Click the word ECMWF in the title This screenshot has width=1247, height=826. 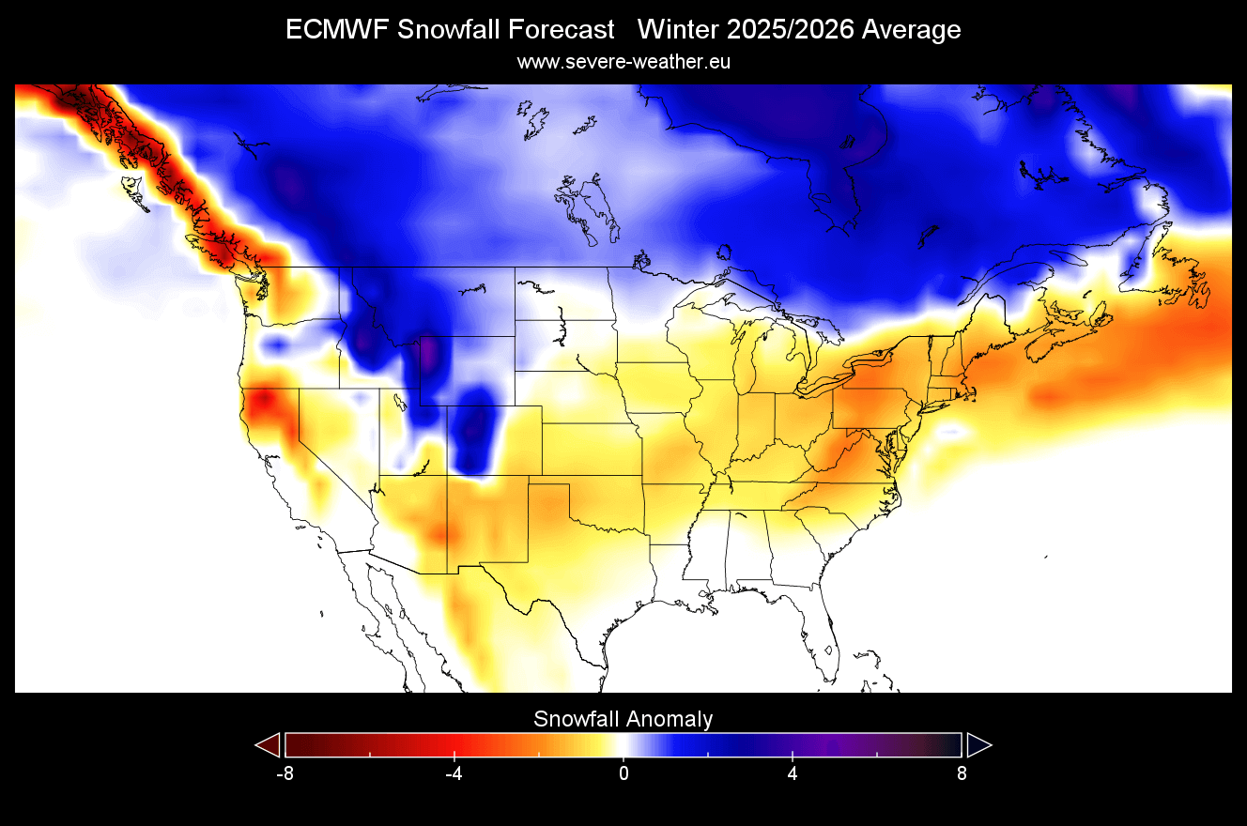tap(337, 30)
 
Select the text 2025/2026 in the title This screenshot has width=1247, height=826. tap(779, 30)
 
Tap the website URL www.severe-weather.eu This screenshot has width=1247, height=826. tap(623, 62)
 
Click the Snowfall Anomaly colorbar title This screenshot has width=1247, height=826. tap(623, 720)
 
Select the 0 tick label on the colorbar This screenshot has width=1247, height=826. tap(623, 774)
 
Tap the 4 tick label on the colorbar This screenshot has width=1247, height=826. tap(793, 774)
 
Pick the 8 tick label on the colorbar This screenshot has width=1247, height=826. tap(962, 774)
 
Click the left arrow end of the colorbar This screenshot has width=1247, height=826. tap(268, 744)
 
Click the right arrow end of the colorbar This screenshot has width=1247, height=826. tap(978, 744)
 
